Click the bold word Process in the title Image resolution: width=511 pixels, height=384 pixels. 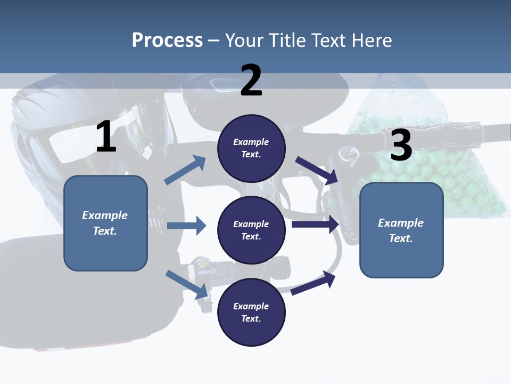click(167, 40)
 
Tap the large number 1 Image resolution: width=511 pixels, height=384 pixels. click(106, 137)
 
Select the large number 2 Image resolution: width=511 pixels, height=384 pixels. click(251, 81)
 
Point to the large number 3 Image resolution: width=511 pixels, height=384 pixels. click(401, 145)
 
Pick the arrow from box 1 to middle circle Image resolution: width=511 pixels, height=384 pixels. click(186, 226)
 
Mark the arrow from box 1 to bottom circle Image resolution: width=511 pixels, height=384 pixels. click(186, 284)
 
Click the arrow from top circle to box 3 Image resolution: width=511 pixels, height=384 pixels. click(317, 170)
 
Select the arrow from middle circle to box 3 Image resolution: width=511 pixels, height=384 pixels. click(315, 225)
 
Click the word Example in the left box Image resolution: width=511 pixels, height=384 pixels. click(105, 215)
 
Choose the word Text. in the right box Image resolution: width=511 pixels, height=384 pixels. click(401, 238)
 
